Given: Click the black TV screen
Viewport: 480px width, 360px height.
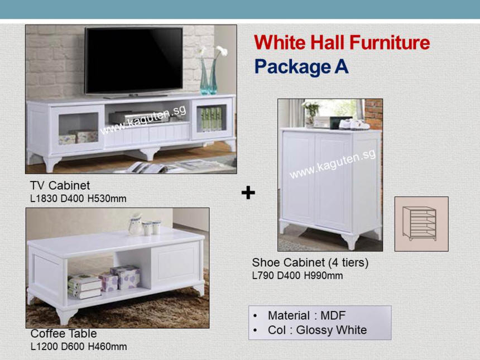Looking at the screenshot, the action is click(x=134, y=60).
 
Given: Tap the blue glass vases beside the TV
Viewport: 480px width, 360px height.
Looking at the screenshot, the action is click(x=209, y=76).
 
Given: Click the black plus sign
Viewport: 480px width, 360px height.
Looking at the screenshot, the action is click(x=248, y=193).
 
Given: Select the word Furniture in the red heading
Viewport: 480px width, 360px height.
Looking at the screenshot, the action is click(x=390, y=42).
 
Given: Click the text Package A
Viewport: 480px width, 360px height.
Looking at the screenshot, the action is click(x=301, y=67).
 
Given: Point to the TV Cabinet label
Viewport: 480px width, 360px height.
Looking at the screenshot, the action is click(x=60, y=185).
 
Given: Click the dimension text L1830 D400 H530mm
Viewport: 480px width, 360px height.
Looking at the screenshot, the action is click(x=78, y=199).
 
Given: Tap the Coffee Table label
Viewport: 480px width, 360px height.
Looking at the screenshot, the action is click(x=64, y=333).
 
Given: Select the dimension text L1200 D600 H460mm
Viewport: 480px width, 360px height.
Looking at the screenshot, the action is click(x=79, y=347).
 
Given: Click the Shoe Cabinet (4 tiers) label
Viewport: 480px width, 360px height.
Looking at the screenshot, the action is click(x=310, y=263).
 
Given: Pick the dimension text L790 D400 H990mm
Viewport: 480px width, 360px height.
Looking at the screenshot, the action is click(x=297, y=276).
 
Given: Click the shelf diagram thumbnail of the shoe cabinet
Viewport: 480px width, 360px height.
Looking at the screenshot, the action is click(x=421, y=224).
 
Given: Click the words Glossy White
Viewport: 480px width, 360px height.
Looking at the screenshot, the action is click(x=332, y=330).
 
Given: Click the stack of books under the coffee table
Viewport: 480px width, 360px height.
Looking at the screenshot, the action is click(x=84, y=287).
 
